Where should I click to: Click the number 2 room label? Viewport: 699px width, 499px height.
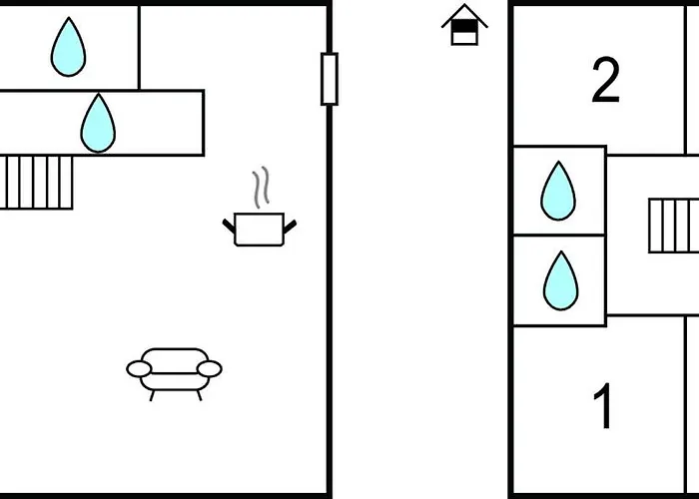(605, 81)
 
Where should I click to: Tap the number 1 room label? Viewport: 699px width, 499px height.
(603, 407)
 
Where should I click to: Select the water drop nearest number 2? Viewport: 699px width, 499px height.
(558, 191)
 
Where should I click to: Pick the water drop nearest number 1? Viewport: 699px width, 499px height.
(560, 280)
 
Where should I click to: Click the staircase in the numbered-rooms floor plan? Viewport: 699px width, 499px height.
(674, 226)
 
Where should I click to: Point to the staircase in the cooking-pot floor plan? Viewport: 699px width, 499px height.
(36, 183)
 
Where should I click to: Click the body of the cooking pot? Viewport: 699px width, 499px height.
(260, 230)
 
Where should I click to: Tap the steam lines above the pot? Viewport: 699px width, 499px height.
(261, 189)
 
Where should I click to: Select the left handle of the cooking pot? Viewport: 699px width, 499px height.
(229, 226)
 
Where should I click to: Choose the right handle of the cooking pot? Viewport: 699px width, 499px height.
(291, 227)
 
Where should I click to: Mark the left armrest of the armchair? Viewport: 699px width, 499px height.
(140, 369)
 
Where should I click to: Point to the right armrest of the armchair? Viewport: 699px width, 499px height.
(209, 369)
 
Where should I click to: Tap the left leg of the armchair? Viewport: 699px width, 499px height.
(152, 394)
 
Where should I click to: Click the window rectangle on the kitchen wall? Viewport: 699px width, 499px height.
(330, 79)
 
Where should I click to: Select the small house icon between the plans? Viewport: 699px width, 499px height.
(464, 25)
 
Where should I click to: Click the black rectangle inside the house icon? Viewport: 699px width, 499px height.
(463, 34)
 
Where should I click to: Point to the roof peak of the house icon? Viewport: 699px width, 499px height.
(464, 8)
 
